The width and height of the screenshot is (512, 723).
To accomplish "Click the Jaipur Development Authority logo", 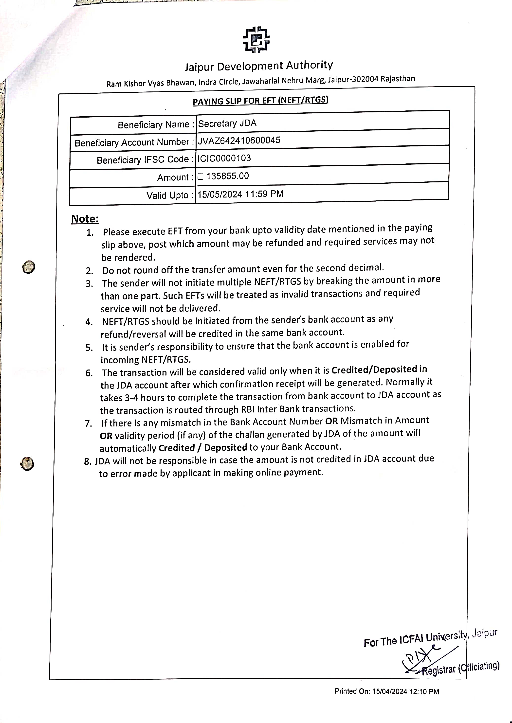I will point(256,40).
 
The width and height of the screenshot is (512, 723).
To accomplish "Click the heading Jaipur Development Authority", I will point(258,66).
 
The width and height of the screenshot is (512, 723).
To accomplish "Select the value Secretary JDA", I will point(227,123).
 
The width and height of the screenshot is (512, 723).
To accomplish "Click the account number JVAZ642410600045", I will point(239,140).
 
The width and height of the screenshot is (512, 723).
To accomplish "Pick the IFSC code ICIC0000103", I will point(224,158).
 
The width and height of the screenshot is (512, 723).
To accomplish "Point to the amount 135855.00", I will point(227,176).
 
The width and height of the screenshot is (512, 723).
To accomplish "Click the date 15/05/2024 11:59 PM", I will point(240,194).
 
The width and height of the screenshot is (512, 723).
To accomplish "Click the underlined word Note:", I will point(85,219).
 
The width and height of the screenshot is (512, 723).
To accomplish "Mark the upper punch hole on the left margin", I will point(29,267).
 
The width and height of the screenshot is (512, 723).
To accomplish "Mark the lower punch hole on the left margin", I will point(27,464).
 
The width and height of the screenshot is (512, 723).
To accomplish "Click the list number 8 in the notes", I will point(87,461).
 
